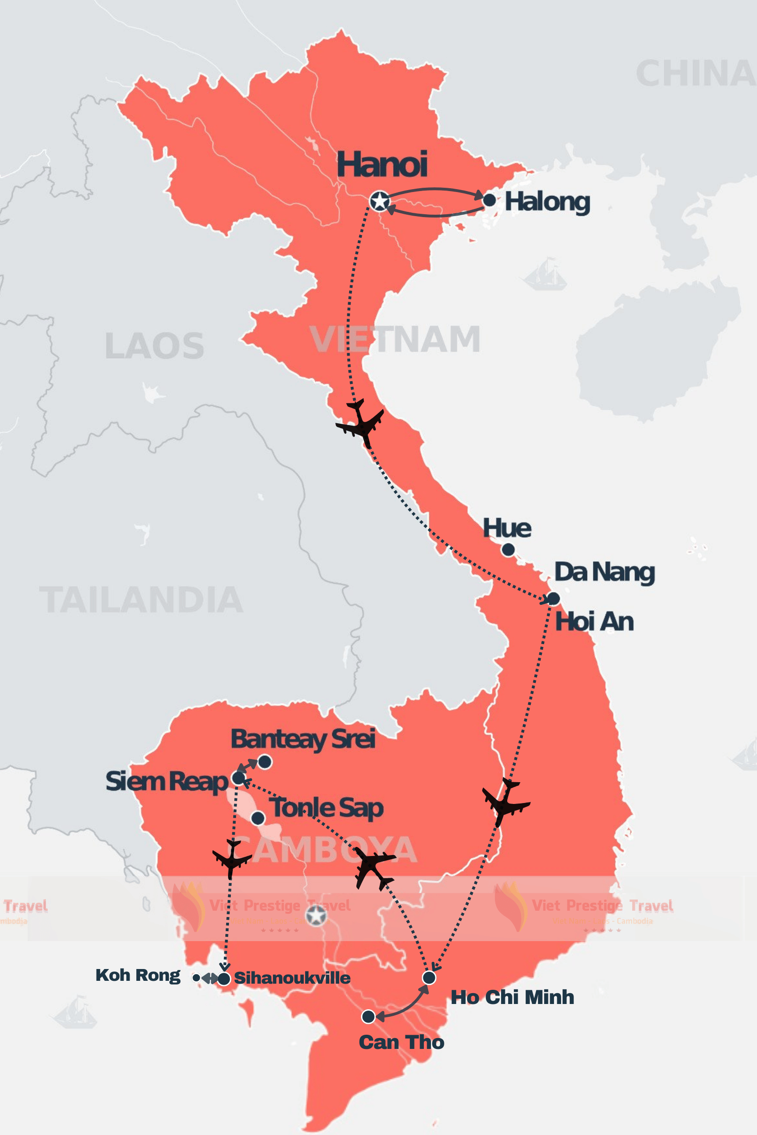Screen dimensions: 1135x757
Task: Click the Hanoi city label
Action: click(x=382, y=165)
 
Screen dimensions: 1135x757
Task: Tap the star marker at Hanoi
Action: click(x=380, y=201)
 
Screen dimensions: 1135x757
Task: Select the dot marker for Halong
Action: click(x=489, y=200)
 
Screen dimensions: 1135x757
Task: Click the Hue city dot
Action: click(x=508, y=549)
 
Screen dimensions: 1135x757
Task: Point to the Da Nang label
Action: click(x=604, y=572)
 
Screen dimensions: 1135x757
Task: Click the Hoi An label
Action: click(x=594, y=621)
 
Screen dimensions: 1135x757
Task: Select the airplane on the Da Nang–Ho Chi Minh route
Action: click(x=505, y=802)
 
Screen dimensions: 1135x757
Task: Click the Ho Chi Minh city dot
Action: click(x=429, y=978)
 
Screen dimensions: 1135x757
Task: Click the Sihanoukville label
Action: click(x=292, y=978)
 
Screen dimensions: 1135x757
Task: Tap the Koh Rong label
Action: click(x=138, y=975)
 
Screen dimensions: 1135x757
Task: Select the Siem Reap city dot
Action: click(x=238, y=777)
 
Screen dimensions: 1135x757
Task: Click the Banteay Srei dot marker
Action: click(x=264, y=762)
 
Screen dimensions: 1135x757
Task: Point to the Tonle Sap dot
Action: click(x=258, y=818)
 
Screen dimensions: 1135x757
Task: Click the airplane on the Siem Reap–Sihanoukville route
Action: click(x=232, y=858)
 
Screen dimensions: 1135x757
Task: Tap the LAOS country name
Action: click(x=155, y=346)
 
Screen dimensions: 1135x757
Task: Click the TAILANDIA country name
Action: click(x=141, y=600)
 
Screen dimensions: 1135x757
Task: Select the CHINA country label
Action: click(x=695, y=74)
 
